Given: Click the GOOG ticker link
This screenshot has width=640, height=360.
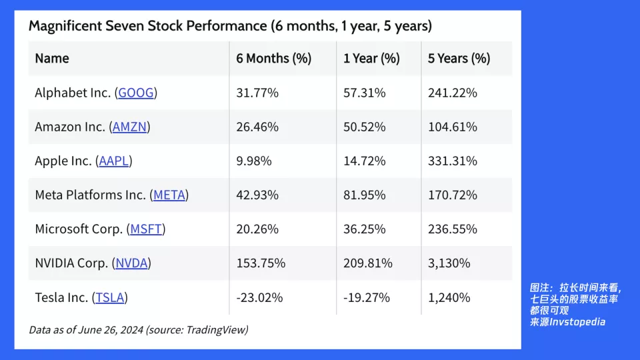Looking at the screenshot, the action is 136,93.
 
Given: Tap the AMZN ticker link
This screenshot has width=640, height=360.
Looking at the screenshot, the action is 129,127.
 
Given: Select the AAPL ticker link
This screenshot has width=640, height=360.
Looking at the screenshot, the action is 114,161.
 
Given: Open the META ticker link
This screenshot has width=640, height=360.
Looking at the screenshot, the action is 169,195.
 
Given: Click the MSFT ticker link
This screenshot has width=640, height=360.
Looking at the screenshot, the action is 146,229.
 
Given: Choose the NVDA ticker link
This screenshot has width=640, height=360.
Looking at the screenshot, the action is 131,263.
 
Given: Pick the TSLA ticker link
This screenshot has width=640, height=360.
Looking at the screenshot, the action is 110,297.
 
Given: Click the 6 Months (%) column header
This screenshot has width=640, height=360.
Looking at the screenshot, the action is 273,59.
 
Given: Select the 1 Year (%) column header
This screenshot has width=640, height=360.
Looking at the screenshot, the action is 371,59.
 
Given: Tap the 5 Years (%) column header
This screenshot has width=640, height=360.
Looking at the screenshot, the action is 459,59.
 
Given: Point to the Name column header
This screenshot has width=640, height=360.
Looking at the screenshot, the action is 52,59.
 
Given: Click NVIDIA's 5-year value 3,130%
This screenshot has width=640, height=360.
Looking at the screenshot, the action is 449,263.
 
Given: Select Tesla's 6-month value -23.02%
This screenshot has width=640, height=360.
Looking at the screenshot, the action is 259,297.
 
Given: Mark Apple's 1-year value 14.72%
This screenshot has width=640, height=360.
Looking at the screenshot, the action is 365,161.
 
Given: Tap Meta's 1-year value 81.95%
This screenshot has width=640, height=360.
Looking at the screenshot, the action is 365,195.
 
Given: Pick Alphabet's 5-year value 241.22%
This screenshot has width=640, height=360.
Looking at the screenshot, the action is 452,93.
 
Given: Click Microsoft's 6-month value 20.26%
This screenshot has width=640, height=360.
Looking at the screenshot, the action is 257,229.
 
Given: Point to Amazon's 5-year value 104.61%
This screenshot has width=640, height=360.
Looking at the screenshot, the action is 452,127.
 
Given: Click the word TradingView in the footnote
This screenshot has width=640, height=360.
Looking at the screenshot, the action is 215,330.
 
